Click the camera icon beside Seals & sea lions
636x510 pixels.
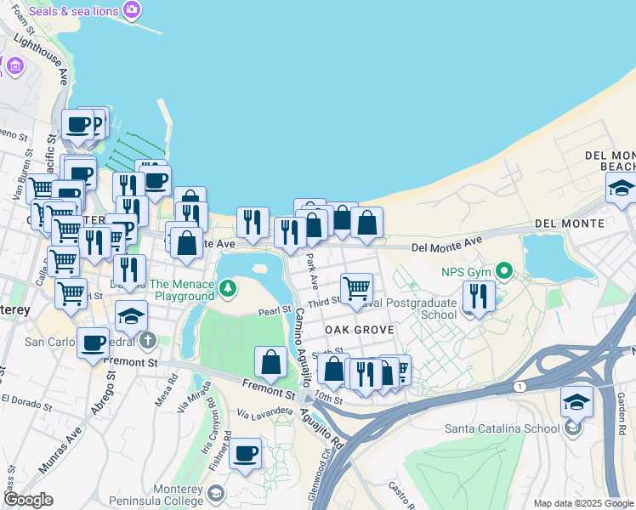pos(131,10)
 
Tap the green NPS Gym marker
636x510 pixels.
pos(503,272)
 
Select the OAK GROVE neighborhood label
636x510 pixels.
pos(358,330)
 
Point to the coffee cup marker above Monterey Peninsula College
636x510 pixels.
pos(246,454)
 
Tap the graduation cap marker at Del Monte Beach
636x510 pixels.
pos(622,189)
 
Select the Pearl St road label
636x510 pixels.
pos(275,310)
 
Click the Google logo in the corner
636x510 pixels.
pos(28,501)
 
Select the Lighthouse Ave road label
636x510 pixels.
pos(52,60)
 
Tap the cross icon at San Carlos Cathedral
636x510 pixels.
pos(149,343)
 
